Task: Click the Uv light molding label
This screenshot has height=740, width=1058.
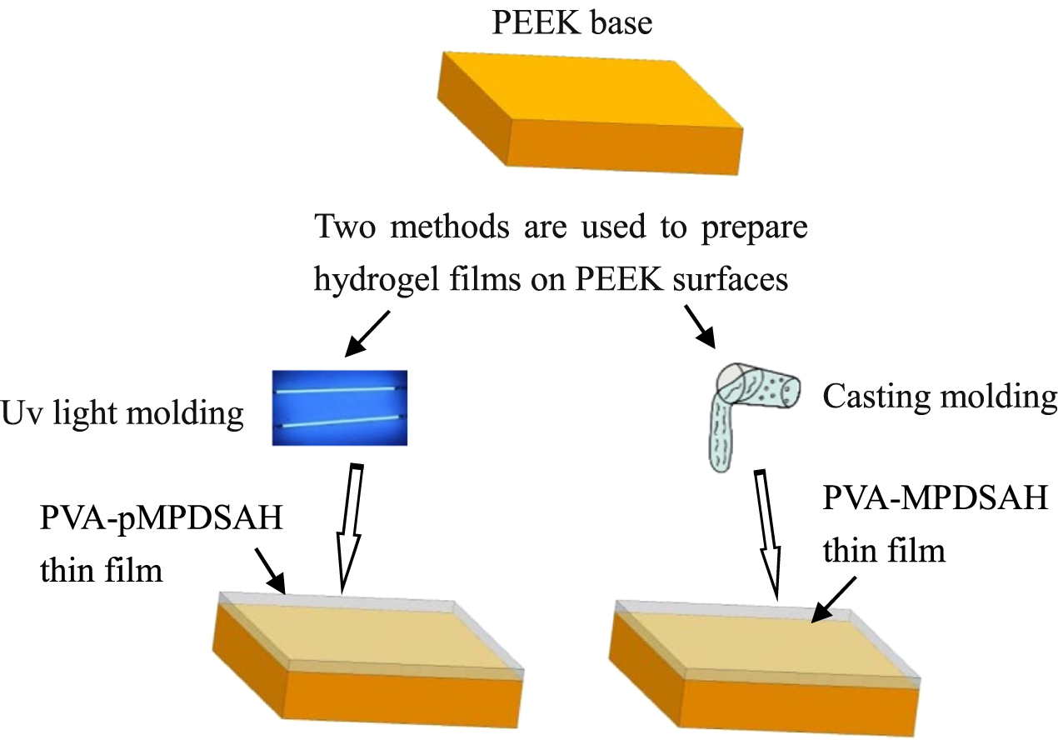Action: coord(123,414)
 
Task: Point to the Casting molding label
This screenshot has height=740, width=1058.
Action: coord(940,397)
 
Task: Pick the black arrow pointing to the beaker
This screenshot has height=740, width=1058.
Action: coord(700,326)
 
